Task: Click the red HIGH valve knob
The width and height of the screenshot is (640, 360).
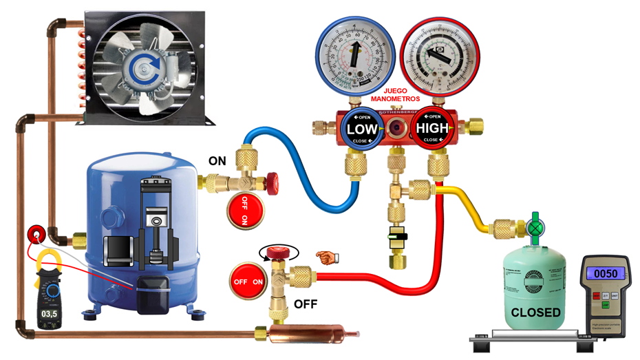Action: pos(431,129)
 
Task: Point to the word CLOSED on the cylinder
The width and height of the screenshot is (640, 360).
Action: pos(535,313)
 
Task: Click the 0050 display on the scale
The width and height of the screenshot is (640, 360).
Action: pos(606,273)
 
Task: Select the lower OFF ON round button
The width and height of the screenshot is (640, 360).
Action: pos(248,282)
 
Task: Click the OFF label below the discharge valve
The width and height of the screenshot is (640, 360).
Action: pos(306,304)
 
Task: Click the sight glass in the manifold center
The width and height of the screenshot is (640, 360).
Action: pos(397,128)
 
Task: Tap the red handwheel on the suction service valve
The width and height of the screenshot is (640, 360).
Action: pos(273,182)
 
